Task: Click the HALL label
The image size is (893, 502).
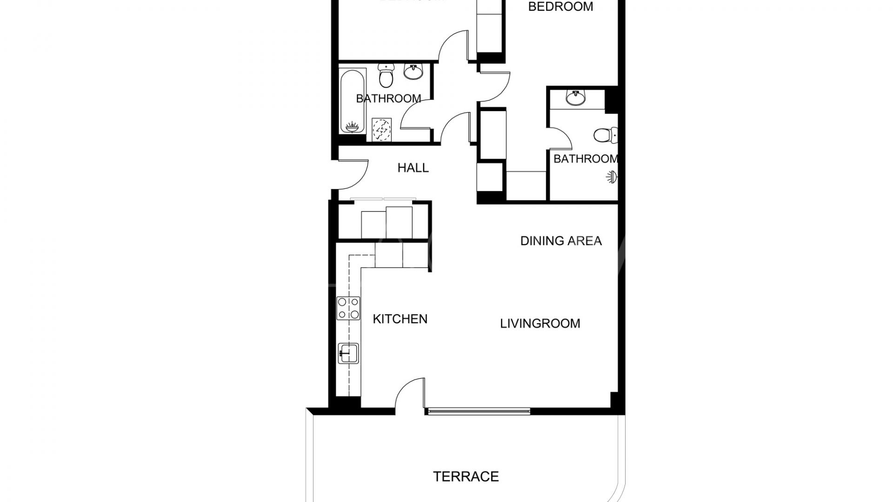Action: [413, 168]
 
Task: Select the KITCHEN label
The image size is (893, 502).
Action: [400, 319]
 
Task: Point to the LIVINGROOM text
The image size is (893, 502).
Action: [540, 324]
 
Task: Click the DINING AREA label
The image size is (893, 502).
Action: [561, 241]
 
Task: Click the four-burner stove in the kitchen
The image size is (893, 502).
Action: [348, 308]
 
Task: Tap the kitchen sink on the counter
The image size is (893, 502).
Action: [348, 353]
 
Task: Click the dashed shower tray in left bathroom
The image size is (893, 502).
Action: [381, 129]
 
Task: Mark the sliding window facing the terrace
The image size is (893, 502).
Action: [478, 411]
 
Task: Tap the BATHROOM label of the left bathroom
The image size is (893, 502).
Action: [388, 99]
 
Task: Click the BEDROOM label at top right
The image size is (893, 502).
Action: [560, 7]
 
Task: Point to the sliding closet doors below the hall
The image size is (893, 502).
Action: [384, 199]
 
